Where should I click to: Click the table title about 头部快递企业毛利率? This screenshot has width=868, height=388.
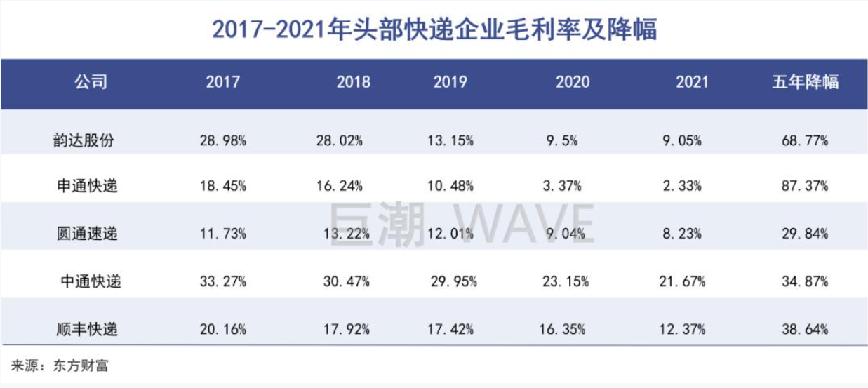(434, 30)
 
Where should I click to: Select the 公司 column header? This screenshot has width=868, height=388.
(91, 82)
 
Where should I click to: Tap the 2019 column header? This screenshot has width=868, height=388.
(450, 82)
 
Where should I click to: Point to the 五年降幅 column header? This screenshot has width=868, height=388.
(805, 82)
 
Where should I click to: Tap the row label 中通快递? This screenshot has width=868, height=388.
(91, 281)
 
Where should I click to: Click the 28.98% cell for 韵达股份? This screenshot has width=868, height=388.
(222, 140)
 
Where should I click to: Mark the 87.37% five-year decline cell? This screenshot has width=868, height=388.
(805, 186)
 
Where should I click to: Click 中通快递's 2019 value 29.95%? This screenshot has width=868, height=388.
(454, 281)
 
